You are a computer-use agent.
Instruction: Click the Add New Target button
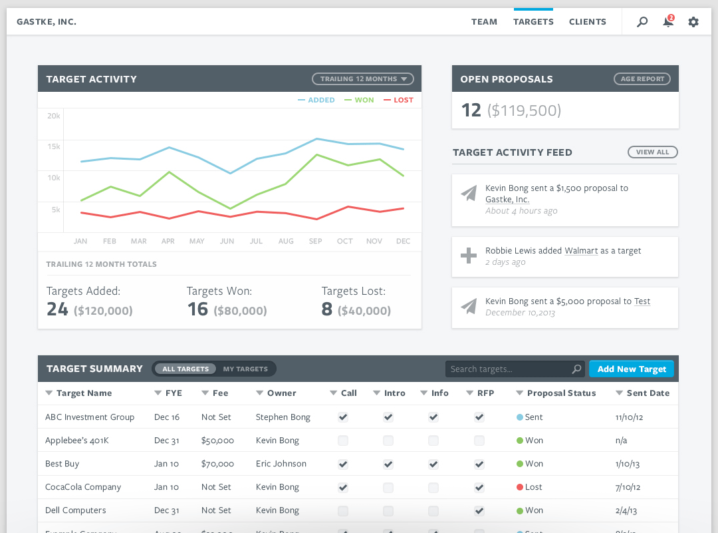click(632, 369)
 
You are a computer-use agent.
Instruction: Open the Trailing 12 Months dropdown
click(363, 79)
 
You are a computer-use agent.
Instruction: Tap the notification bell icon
click(668, 22)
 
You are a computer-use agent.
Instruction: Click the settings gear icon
click(693, 22)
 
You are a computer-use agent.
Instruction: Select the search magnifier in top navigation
click(642, 22)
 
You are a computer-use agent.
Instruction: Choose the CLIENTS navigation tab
click(587, 22)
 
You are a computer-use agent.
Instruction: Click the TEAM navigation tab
click(484, 22)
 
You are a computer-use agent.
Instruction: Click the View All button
click(652, 152)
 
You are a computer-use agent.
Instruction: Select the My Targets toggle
click(245, 369)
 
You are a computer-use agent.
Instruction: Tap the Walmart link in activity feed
click(581, 251)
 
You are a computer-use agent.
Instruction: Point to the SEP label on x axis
click(315, 241)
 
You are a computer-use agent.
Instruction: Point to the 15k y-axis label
click(53, 146)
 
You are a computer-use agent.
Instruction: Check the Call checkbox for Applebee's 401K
click(343, 441)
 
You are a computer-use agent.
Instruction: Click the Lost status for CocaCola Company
click(530, 487)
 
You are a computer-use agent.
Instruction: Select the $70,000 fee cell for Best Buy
click(217, 464)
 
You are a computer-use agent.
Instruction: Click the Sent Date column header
click(647, 393)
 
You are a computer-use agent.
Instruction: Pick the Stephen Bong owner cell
click(283, 417)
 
